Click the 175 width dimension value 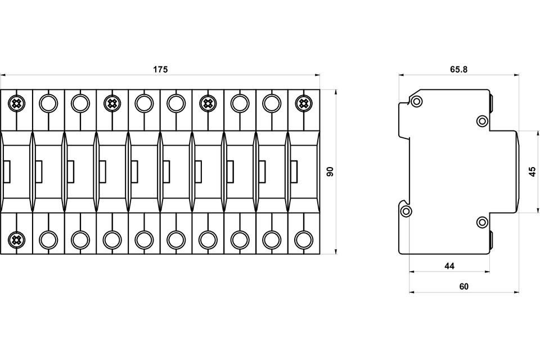(x=160, y=69)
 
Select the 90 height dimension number (x=330, y=171)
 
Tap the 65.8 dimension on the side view (x=459, y=69)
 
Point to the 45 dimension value (x=533, y=171)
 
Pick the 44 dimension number (x=449, y=266)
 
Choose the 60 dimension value (x=464, y=287)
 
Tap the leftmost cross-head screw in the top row (x=16, y=103)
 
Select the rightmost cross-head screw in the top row (x=303, y=103)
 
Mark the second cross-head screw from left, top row (x=112, y=103)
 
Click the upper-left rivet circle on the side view (x=417, y=101)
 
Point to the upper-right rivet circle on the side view (x=482, y=121)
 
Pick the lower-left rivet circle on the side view (x=406, y=211)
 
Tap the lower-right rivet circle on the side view (x=482, y=222)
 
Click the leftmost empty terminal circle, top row (x=48, y=103)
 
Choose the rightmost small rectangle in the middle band (x=294, y=172)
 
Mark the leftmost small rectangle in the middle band (x=7, y=172)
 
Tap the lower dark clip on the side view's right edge (x=490, y=240)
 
